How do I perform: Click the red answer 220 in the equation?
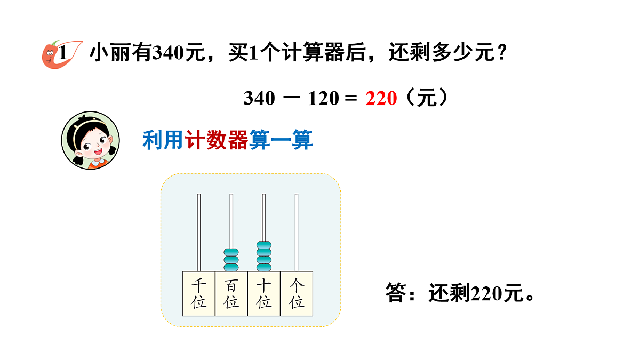(381, 99)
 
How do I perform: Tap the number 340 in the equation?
(259, 99)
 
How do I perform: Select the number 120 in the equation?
(323, 99)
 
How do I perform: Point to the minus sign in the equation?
(292, 98)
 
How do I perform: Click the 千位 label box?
(199, 294)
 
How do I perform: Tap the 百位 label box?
(231, 294)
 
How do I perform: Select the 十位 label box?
(264, 294)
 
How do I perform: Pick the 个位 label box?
(297, 294)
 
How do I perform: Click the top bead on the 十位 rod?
(264, 245)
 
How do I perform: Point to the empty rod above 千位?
(199, 233)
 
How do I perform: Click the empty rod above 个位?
(297, 233)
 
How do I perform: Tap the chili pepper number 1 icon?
(62, 54)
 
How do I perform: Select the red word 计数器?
(217, 140)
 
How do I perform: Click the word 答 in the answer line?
(396, 293)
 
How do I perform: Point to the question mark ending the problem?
(502, 52)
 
